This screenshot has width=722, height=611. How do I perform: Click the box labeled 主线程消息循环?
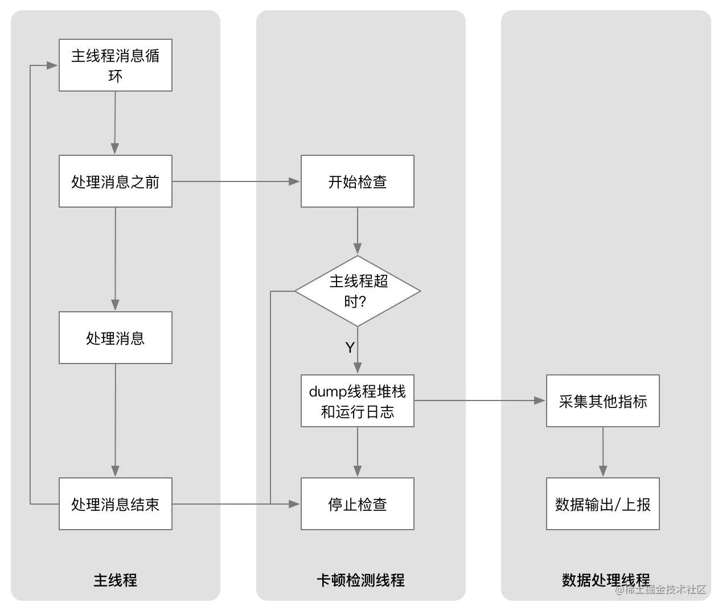115,65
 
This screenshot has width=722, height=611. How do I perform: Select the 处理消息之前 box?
115,181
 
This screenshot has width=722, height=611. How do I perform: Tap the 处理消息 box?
115,337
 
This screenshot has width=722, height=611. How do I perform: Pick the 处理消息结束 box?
115,503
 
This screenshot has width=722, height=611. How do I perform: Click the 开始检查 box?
358,181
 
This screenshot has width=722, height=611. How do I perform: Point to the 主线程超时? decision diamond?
358,291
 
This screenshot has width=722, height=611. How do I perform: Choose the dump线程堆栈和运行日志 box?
358,401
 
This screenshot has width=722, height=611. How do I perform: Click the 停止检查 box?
358,503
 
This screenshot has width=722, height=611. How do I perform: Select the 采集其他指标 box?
603,401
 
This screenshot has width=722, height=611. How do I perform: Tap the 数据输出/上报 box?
603,503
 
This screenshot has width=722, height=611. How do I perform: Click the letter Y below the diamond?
350,347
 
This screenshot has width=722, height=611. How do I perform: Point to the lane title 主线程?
115,580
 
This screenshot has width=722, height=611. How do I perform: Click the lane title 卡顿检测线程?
360,580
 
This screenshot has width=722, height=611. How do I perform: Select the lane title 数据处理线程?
606,580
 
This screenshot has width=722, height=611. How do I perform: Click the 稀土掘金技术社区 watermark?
661,589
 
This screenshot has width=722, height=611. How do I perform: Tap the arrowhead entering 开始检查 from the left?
294,181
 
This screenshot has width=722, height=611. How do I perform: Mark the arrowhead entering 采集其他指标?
540,401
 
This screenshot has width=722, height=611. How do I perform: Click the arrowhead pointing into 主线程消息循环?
52,65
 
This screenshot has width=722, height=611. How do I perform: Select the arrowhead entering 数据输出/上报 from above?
603,471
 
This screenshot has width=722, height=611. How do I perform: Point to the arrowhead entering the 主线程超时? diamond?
358,249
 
